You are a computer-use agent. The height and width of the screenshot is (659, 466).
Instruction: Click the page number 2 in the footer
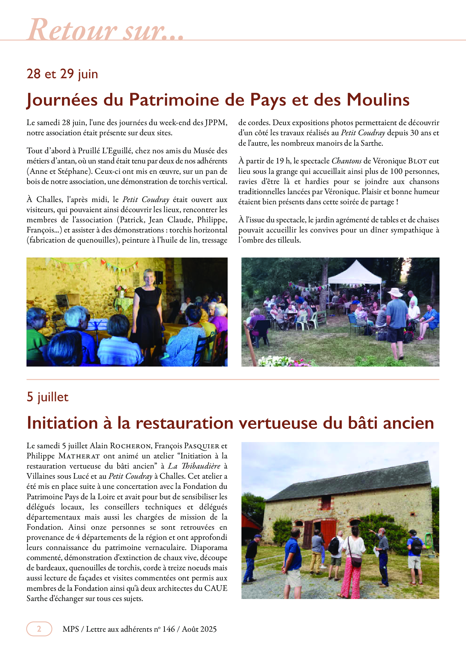coord(39,629)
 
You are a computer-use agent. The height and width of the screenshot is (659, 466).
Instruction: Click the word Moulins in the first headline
coord(378,100)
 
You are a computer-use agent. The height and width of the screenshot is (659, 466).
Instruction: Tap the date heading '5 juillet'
coord(48,397)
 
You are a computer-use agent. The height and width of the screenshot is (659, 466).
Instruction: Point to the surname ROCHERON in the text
coord(130,446)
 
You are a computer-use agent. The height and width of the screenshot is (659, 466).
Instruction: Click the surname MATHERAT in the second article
coord(79,456)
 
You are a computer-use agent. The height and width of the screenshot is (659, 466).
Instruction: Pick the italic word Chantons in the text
coord(346,161)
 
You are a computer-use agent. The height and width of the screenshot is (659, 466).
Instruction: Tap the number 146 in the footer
coord(168,629)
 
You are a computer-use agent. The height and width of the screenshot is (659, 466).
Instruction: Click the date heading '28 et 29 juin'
coord(62,74)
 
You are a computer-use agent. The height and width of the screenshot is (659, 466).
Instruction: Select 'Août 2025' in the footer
coord(199,629)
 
